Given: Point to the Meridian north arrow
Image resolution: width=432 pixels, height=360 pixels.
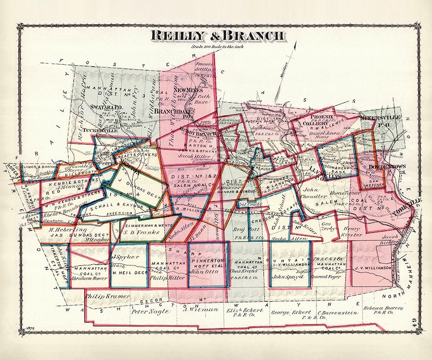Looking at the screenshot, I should pyautogui.click(x=294, y=54).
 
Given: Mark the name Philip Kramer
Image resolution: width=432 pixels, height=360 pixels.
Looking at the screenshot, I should pyautogui.click(x=108, y=296).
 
